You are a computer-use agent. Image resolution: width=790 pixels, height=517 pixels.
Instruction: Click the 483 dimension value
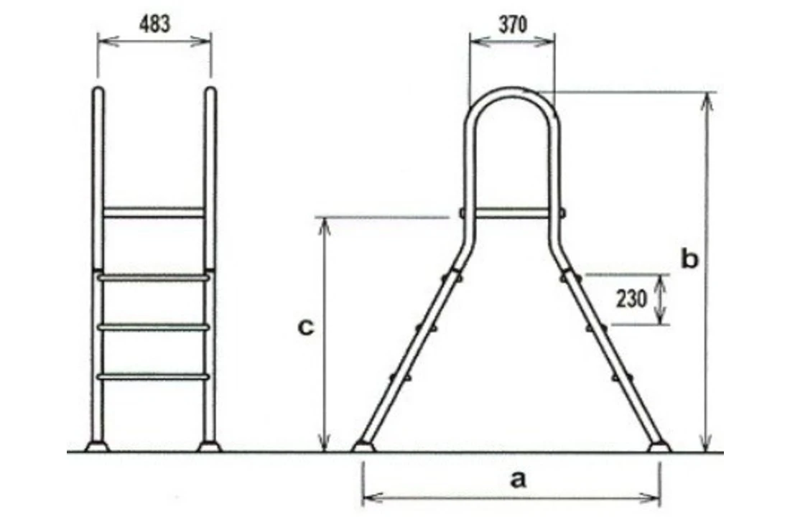tap(154, 24)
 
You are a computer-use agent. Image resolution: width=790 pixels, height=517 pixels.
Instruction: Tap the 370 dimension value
tap(511, 24)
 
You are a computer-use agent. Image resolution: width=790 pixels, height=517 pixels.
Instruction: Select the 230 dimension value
tap(631, 299)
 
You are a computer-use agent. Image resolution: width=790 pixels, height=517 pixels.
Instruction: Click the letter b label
tap(689, 259)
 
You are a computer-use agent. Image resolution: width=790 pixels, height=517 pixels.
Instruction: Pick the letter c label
tap(305, 327)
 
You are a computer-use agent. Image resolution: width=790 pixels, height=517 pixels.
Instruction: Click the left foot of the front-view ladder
tap(96, 447)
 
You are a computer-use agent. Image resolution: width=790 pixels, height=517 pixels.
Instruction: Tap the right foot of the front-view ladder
tap(210, 447)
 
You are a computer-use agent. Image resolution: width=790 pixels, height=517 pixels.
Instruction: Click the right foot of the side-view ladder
tap(659, 447)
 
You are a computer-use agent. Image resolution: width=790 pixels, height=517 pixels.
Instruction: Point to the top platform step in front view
tap(154, 213)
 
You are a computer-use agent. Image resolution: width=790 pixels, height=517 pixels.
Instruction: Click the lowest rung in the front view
tap(154, 376)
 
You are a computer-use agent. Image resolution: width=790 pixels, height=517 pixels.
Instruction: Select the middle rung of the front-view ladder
tap(154, 327)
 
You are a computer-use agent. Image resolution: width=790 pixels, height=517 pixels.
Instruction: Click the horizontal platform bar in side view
tap(511, 213)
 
